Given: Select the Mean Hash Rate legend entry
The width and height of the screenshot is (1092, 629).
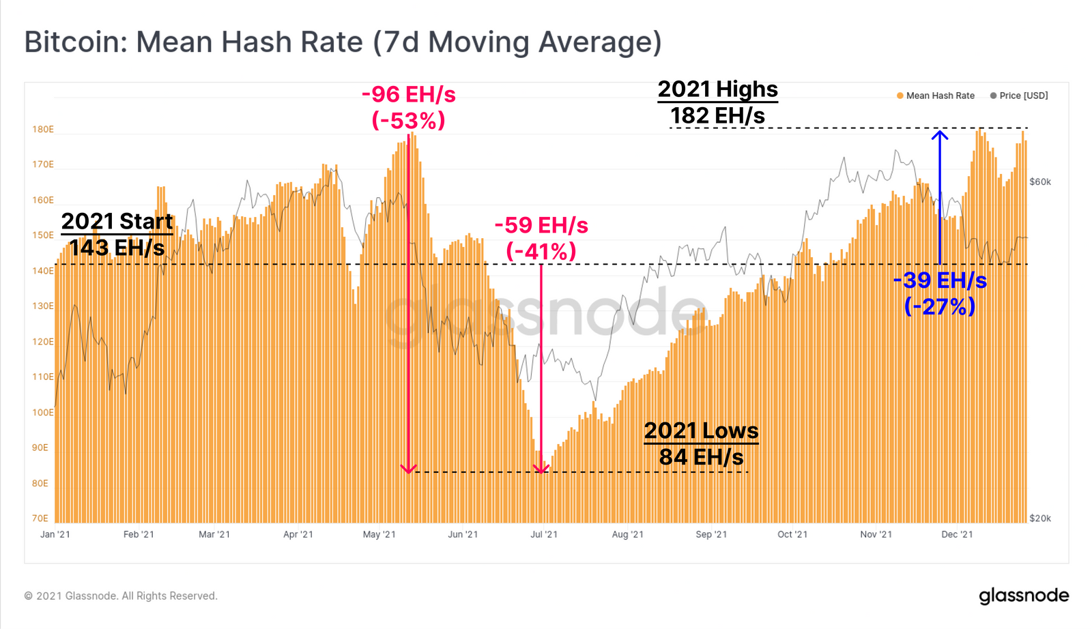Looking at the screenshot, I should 936,96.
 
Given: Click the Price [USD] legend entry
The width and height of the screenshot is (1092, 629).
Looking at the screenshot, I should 1019,96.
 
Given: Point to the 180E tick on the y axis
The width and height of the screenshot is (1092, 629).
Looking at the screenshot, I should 42,129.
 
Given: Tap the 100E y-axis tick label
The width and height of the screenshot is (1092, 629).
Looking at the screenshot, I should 42,412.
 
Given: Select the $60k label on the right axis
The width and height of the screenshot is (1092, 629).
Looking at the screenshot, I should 1040,181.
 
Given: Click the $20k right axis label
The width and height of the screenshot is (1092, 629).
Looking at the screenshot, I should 1040,518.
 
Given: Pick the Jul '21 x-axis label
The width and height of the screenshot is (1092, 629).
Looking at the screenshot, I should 544,534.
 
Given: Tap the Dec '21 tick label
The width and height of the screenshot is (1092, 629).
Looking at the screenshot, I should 957,534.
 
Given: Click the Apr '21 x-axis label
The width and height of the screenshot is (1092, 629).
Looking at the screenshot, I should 298,534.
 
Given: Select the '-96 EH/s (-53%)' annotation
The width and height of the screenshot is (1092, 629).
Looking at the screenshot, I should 408,107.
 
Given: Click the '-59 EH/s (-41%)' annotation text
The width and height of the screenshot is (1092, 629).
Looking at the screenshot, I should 541,238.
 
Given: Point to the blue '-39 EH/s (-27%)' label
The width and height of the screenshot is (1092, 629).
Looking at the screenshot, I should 940,293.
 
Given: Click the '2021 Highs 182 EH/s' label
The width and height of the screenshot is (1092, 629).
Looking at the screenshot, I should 717,102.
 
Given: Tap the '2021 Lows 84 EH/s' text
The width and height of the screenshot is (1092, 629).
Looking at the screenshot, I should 701,443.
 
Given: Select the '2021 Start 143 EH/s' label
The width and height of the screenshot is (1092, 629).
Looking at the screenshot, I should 117,234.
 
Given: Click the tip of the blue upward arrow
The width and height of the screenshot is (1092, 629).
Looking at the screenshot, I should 940,132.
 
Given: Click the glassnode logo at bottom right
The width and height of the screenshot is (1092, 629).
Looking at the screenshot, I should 1024,596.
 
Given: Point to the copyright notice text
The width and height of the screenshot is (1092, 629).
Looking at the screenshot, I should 121,596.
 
